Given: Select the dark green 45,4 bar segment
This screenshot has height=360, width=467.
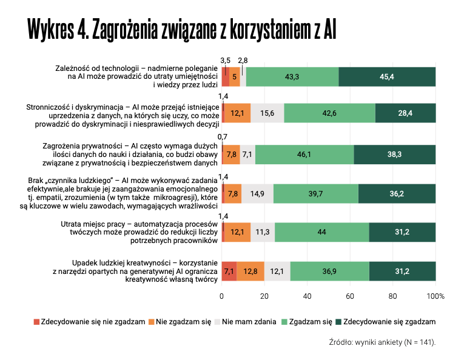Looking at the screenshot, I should click(x=387, y=76).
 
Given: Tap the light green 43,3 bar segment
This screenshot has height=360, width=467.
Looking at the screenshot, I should click(x=292, y=76).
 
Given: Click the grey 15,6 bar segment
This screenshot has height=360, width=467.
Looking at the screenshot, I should click(x=267, y=113).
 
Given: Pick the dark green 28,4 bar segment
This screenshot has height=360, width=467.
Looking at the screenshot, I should click(x=405, y=113).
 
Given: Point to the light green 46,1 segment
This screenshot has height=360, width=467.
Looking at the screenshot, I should click(x=304, y=155).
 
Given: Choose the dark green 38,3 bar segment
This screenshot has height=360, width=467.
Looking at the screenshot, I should click(x=395, y=155).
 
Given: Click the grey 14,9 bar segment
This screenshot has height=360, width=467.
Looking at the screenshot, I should click(x=258, y=193).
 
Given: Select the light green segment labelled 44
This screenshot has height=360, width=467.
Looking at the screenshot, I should click(x=322, y=232).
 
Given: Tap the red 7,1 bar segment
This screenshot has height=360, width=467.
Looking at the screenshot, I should click(x=229, y=271).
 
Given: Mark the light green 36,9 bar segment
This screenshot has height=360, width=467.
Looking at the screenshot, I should click(x=329, y=271).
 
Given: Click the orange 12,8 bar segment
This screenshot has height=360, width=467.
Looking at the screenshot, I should click(x=250, y=271).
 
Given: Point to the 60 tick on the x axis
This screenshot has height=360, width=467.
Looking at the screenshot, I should click(x=350, y=296).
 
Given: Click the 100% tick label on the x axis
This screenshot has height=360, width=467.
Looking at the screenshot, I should click(x=435, y=296).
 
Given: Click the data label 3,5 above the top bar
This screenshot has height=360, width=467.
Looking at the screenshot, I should click(x=225, y=60).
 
